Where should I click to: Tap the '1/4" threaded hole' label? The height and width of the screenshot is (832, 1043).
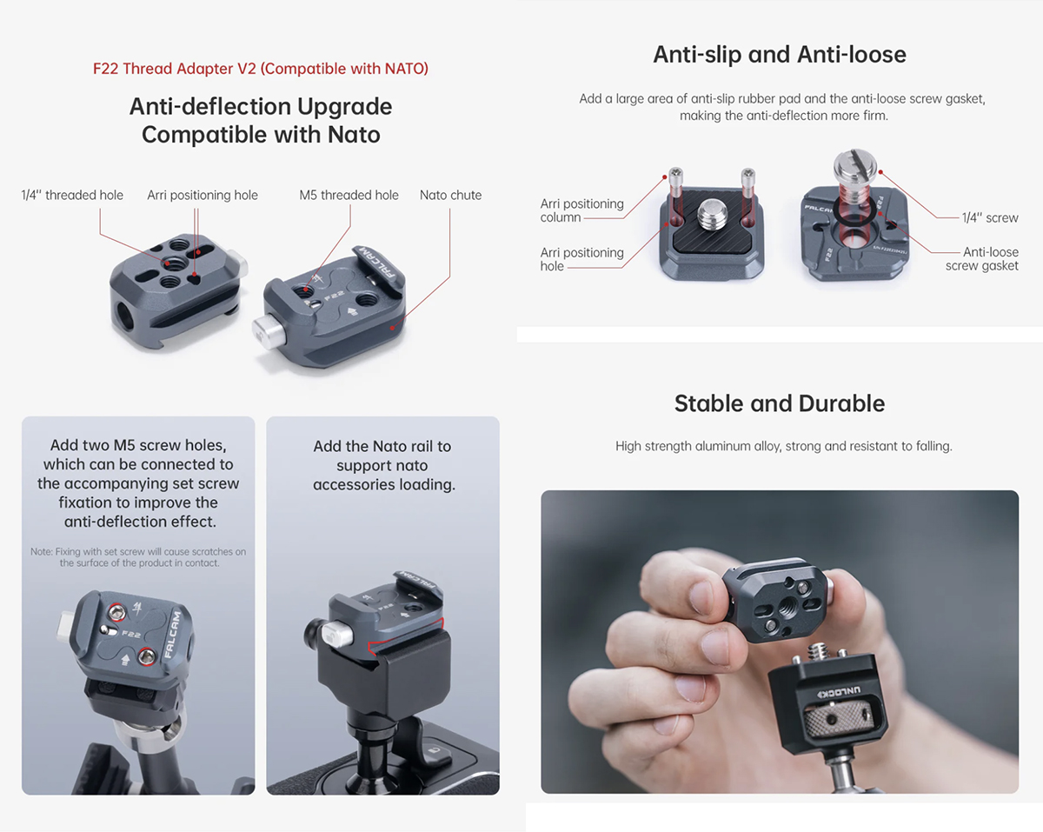click(x=72, y=195)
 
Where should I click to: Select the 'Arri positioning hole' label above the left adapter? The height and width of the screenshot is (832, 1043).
click(x=203, y=195)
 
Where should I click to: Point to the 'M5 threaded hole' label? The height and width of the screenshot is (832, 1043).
click(x=349, y=195)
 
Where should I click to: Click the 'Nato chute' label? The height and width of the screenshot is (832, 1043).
click(x=451, y=195)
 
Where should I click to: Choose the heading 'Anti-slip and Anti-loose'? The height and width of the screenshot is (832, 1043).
click(x=780, y=54)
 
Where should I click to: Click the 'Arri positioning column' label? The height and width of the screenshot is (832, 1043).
click(x=581, y=210)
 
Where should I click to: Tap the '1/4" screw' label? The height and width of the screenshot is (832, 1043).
click(x=990, y=217)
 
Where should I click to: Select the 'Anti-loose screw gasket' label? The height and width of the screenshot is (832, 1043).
click(x=982, y=259)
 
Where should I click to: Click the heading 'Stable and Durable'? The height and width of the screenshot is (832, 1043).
click(x=780, y=403)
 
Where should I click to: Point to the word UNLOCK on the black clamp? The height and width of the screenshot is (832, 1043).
click(x=840, y=692)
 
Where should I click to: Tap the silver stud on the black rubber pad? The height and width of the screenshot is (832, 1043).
click(x=712, y=216)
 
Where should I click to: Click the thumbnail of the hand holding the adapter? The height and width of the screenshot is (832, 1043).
click(x=780, y=642)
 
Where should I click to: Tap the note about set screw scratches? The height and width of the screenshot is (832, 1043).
click(x=138, y=557)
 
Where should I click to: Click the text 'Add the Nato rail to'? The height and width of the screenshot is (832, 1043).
click(x=382, y=446)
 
